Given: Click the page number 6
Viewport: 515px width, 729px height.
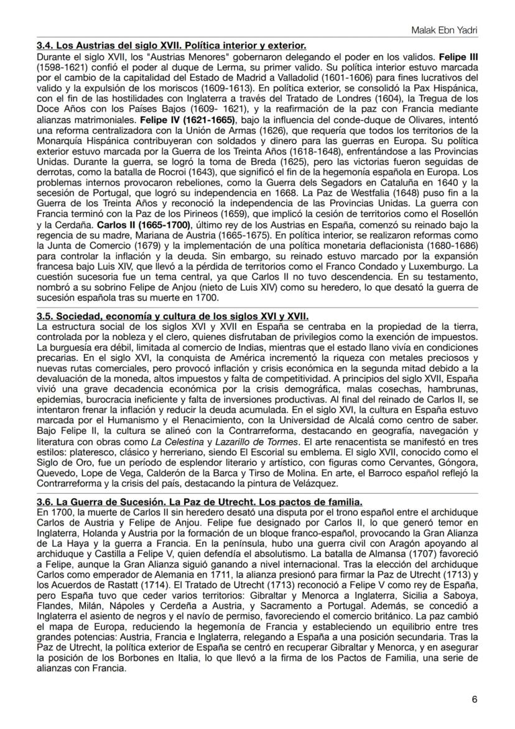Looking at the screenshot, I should (x=475, y=699).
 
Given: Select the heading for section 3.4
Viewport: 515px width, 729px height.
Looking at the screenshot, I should (x=171, y=46).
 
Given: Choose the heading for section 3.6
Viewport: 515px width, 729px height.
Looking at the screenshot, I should (x=200, y=502).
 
